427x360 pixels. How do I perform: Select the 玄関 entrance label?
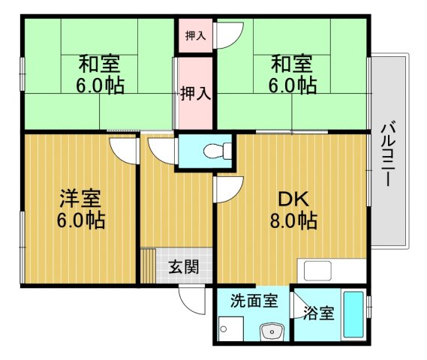(183, 266)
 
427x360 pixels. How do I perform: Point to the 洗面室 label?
(254, 301)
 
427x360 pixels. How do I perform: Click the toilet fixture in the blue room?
(215, 150)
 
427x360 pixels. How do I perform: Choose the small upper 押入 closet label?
(195, 35)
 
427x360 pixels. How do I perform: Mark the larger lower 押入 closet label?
(195, 93)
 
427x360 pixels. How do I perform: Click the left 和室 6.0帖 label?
(99, 73)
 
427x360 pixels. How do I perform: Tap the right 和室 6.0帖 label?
(291, 73)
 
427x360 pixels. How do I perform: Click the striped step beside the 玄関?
(148, 265)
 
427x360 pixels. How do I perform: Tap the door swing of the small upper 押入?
(230, 34)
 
